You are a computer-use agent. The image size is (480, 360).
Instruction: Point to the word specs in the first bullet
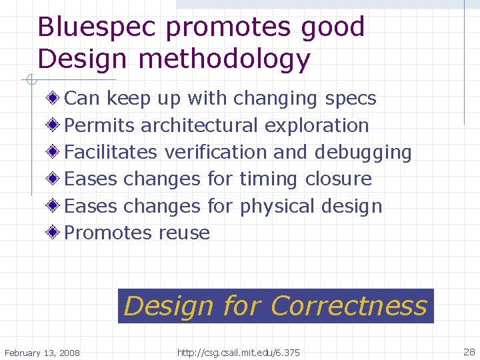click(x=351, y=99)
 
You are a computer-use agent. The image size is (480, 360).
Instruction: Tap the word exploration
click(x=317, y=125)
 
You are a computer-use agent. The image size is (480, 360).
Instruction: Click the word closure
click(x=339, y=179)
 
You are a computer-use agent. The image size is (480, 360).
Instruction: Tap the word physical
click(x=277, y=207)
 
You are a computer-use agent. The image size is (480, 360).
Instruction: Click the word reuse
click(x=185, y=233)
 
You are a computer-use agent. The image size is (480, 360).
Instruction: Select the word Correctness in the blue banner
click(x=349, y=306)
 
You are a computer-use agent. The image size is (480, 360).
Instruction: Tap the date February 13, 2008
click(x=42, y=352)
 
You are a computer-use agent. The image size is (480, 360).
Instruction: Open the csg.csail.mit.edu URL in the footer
click(x=239, y=352)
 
